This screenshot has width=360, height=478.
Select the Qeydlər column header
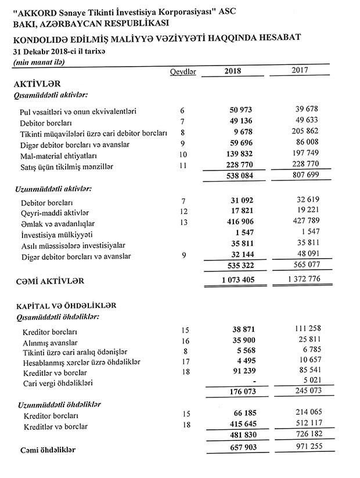(182, 71)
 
